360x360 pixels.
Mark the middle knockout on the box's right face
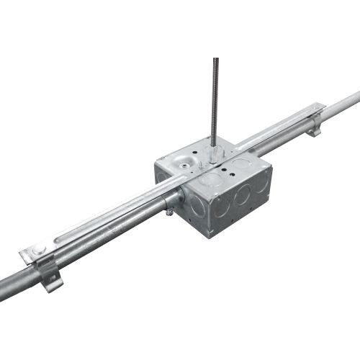[x=240, y=195]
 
